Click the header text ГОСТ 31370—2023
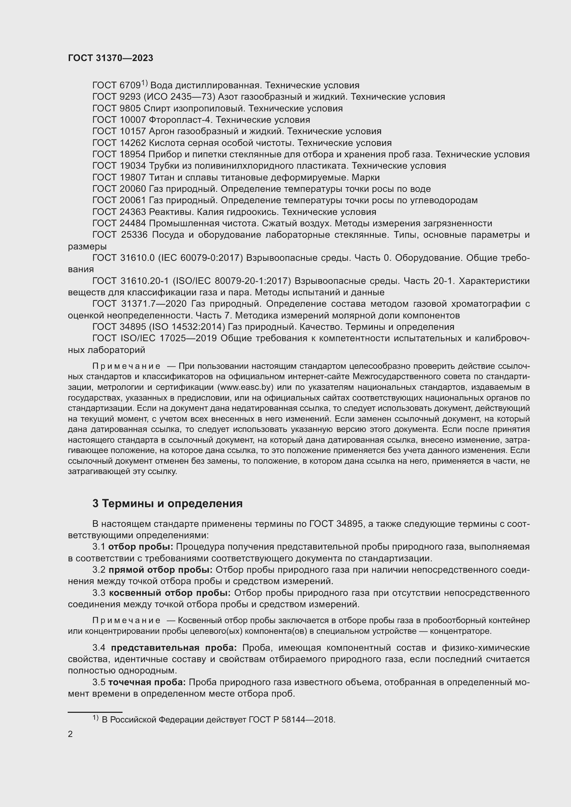(110, 58)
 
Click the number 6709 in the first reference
(130, 86)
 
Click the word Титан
(160, 177)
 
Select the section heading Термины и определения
(172, 504)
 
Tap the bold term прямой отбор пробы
(160, 570)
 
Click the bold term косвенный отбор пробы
(170, 593)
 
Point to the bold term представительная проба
(174, 648)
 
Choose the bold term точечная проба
(147, 682)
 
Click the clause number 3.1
(99, 547)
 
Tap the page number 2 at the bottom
(70, 734)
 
